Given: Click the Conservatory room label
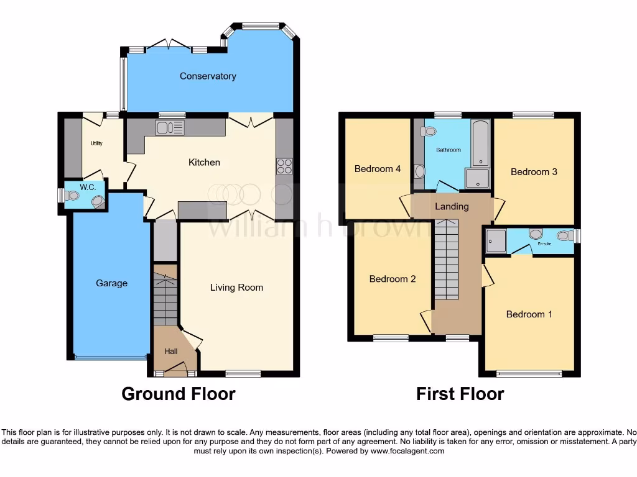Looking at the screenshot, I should point(208,76).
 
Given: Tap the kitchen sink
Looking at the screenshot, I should point(170,128).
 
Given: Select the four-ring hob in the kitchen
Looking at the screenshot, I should point(284,166).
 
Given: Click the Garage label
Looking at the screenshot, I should point(111,283).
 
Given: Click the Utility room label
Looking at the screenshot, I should point(96,143).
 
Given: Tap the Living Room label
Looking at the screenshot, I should point(236,288).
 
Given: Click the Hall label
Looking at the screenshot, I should point(171,352).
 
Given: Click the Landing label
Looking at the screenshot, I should point(452,206).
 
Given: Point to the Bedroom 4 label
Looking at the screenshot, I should point(378,169).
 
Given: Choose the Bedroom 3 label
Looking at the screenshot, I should point(534,172).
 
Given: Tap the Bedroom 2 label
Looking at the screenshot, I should point(393,279).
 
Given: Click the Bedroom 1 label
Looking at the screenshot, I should point(529,314).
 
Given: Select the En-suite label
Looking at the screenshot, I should point(545,243).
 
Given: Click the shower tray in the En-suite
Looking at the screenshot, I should point(496,241).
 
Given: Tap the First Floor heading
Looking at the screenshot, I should point(460,394).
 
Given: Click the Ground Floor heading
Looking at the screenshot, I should point(179,394).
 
